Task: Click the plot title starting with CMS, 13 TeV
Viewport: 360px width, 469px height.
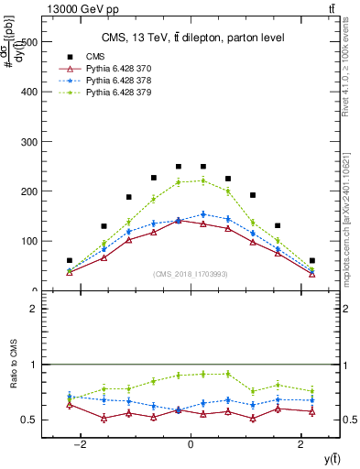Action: pos(192,38)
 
